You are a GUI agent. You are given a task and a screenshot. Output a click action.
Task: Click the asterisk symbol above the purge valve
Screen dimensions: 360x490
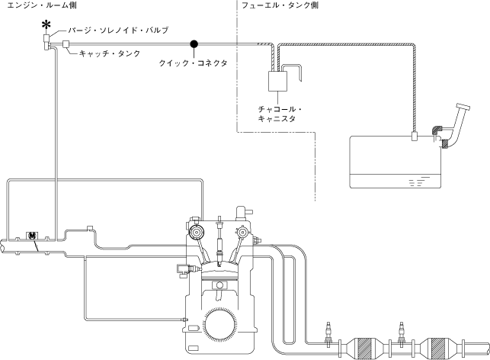point(46,26)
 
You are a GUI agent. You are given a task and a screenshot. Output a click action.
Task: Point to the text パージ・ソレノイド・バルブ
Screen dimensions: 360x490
point(118,31)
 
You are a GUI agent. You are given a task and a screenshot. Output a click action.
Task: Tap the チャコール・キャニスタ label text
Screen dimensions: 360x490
point(281,114)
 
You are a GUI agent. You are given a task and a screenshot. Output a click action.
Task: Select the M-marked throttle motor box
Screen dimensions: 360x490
point(33,236)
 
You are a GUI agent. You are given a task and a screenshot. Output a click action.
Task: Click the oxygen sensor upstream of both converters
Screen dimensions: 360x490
point(329,333)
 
